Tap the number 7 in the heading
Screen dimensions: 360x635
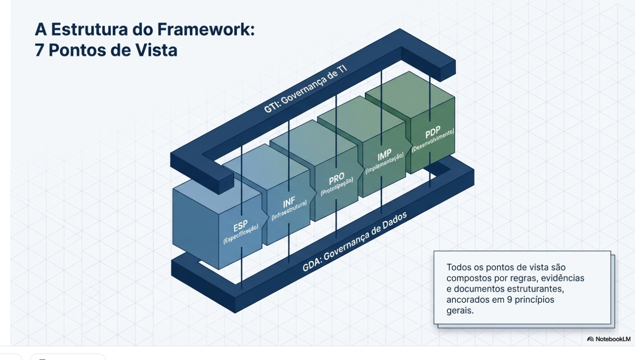tap(40, 50)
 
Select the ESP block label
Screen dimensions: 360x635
tap(240, 227)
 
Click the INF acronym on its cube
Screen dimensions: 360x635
tap(289, 202)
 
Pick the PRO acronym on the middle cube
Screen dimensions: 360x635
tap(336, 178)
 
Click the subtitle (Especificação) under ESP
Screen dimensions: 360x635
tap(241, 234)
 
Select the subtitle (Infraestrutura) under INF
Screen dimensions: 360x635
tap(289, 210)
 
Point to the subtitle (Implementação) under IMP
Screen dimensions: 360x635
tap(384, 164)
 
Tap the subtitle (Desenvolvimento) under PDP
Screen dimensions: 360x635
tap(433, 141)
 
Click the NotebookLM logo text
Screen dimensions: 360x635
tap(613, 339)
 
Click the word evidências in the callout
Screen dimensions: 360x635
tap(563, 278)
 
